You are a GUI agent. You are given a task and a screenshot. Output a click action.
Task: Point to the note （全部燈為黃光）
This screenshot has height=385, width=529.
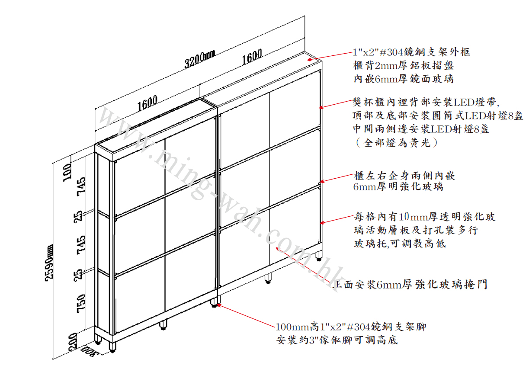click(395, 143)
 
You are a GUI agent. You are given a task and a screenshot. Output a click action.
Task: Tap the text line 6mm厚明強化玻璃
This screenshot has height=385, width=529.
click(398, 187)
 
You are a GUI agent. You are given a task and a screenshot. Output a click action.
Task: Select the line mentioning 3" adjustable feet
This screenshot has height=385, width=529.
click(337, 340)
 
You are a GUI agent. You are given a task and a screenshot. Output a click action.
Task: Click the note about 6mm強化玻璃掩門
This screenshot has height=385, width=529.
click(411, 285)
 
